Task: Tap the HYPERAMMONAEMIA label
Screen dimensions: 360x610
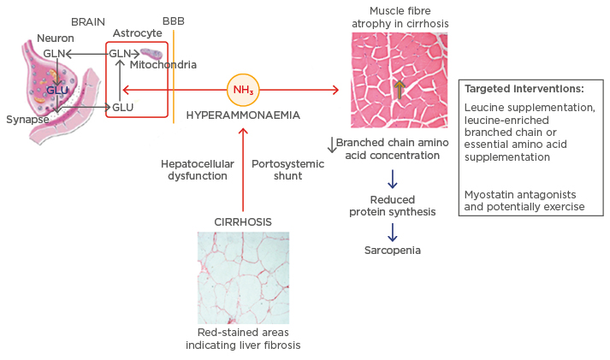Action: [243, 114]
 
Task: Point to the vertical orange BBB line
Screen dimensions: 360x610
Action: [174, 77]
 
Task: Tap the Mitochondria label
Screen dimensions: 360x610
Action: [163, 65]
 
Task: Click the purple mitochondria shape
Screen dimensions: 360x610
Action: [152, 53]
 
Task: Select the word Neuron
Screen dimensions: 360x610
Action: [54, 38]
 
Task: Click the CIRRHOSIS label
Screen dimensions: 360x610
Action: [243, 221]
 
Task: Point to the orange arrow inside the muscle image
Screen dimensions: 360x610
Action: [399, 88]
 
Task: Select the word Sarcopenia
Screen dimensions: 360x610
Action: [393, 251]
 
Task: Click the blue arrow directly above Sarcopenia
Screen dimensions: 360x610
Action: [393, 231]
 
